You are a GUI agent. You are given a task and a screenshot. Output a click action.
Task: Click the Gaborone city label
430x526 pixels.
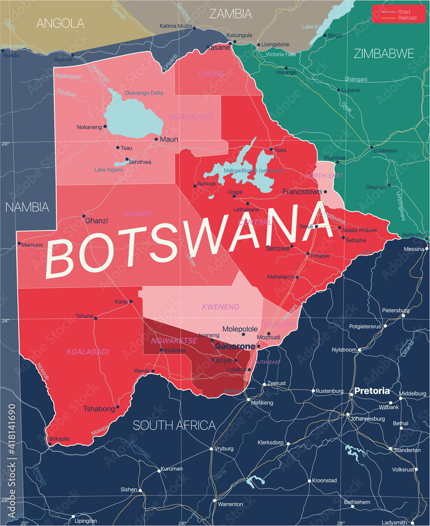pyautogui.click(x=234, y=347)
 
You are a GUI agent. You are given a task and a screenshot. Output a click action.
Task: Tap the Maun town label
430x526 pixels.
pyautogui.click(x=169, y=139)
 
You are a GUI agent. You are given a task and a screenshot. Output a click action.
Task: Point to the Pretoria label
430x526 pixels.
pyautogui.click(x=372, y=391)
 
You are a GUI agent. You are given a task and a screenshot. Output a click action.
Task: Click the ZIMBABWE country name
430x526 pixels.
pyautogui.click(x=383, y=53)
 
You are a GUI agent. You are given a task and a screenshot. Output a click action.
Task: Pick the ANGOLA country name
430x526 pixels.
pyautogui.click(x=60, y=23)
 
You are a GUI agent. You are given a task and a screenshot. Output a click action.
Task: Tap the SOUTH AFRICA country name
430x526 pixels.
pyautogui.click(x=174, y=425)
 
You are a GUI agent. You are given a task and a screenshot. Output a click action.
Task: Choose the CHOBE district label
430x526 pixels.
pyautogui.click(x=211, y=74)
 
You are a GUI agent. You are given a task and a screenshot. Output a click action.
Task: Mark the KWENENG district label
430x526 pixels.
pyautogui.click(x=220, y=307)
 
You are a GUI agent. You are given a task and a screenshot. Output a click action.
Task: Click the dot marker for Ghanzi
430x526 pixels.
pyautogui.click(x=83, y=216)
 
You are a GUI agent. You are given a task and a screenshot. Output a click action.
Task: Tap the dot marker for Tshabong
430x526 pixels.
pyautogui.click(x=117, y=407)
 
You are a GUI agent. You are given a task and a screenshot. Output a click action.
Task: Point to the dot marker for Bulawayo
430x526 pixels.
pyautogui.click(x=372, y=148)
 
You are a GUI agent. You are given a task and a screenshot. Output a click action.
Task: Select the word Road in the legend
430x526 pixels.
pyautogui.click(x=404, y=11)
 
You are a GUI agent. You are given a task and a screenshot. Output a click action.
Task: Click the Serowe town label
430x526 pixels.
pyautogui.click(x=277, y=248)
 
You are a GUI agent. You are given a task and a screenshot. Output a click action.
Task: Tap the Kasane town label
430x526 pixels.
pyautogui.click(x=218, y=47)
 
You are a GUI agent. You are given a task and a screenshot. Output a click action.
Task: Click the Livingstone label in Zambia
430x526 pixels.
pyautogui.click(x=276, y=44)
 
